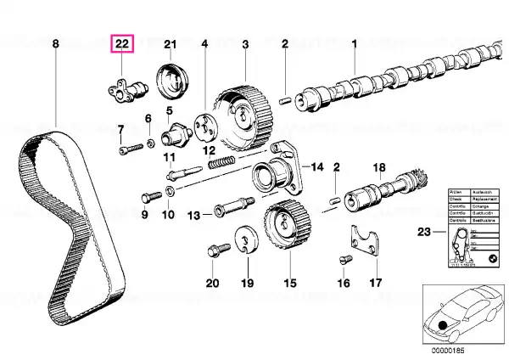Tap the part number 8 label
click(55, 43)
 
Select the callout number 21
click(169, 44)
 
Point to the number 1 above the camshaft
click(354, 43)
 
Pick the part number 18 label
click(378, 167)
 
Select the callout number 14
click(317, 166)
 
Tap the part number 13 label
click(194, 216)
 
